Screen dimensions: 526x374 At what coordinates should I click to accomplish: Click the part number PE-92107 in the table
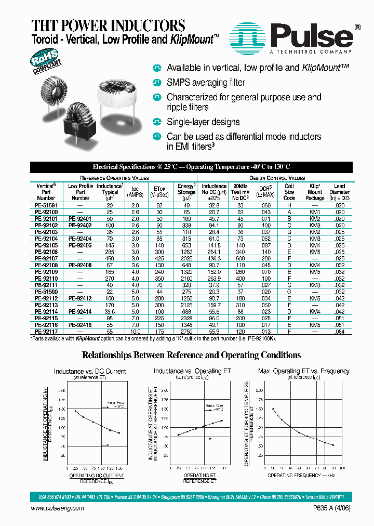pyautogui.click(x=46, y=258)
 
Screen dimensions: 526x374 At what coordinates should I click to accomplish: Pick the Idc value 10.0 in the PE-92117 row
pyautogui.click(x=135, y=331)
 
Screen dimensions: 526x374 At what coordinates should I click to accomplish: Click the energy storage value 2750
pyautogui.click(x=186, y=331)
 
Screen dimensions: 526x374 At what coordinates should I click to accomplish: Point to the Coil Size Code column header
pyautogui.click(x=289, y=192)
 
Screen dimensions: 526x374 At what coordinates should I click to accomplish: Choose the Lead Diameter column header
pyautogui.click(x=339, y=192)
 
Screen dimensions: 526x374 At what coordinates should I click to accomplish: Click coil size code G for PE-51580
pyautogui.click(x=289, y=292)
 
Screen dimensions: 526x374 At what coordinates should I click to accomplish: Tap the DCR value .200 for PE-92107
pyautogui.click(x=265, y=258)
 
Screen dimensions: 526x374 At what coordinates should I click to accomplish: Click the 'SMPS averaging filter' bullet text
pyautogui.click(x=206, y=83)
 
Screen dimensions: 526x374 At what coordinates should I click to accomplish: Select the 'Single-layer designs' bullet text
pyautogui.click(x=203, y=122)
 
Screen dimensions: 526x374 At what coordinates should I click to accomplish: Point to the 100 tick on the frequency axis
pyautogui.click(x=342, y=468)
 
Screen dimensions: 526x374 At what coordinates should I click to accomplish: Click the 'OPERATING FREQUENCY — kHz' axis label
pyautogui.click(x=301, y=475)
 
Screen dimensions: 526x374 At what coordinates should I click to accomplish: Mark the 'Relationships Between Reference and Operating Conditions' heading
pyautogui.click(x=191, y=356)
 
